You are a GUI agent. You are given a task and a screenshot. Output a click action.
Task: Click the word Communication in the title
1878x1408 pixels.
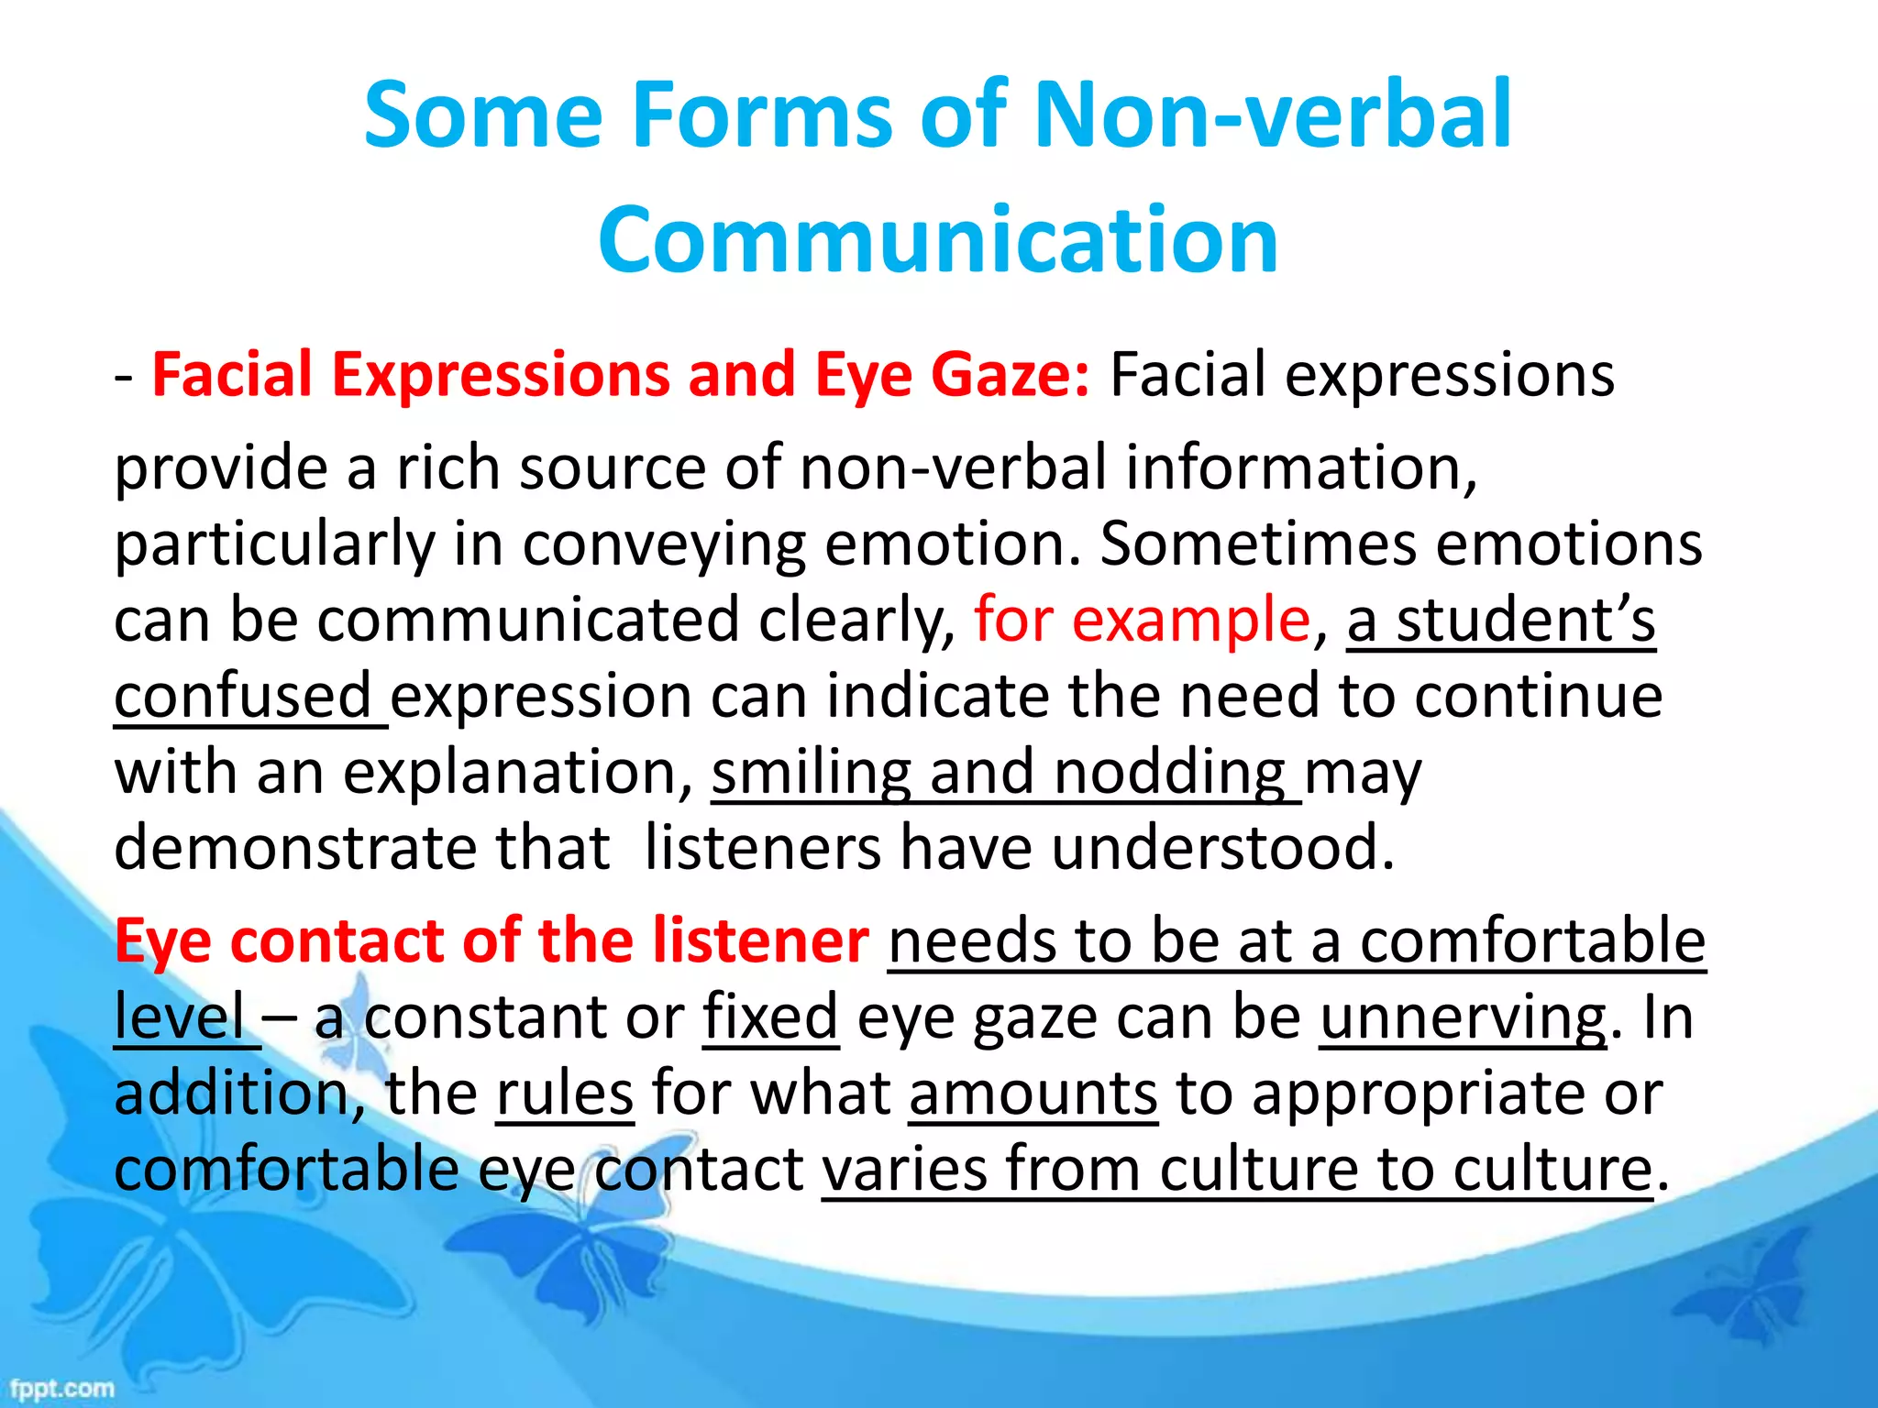(938, 240)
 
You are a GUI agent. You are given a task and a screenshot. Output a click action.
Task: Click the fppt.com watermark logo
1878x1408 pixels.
(61, 1388)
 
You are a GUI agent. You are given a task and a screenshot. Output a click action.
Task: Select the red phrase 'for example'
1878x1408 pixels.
(1142, 621)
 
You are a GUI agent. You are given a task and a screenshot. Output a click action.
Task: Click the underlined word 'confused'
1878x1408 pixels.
(242, 697)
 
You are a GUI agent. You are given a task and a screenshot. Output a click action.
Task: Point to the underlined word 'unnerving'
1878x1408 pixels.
(1463, 1017)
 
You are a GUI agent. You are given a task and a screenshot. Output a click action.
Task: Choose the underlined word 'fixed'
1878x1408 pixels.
(770, 1017)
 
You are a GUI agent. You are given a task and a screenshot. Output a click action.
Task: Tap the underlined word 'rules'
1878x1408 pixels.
(565, 1094)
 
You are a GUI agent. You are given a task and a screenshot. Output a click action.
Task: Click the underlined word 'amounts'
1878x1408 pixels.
(1033, 1094)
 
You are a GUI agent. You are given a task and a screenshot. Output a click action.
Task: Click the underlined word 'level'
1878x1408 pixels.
(180, 1017)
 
